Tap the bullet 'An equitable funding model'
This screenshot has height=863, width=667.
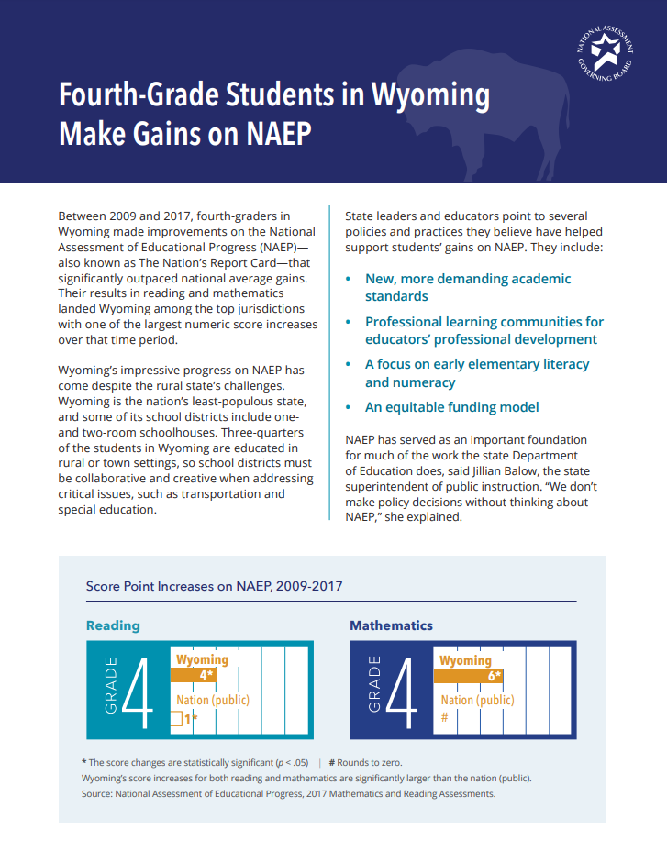451,407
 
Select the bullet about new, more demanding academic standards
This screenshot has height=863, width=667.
467,287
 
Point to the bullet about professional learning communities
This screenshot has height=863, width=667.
484,330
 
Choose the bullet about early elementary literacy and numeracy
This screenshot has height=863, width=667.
476,373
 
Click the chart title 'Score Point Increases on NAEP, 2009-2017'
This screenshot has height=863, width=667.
215,586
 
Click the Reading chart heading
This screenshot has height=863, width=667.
113,625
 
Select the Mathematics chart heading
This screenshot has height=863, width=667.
391,625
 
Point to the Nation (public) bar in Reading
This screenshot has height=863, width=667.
177,720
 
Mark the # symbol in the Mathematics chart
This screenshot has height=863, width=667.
444,717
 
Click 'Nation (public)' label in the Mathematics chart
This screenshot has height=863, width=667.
477,700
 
